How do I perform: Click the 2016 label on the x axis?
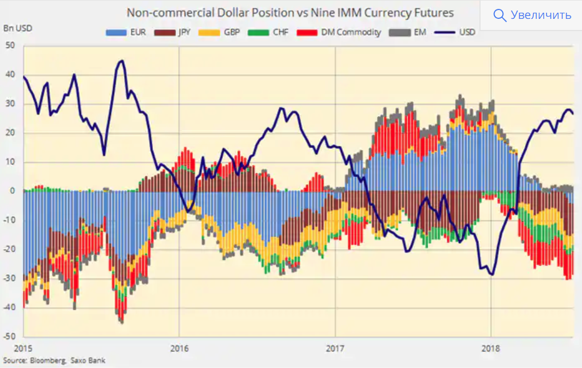pyautogui.click(x=178, y=349)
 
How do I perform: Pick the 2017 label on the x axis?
pyautogui.click(x=335, y=349)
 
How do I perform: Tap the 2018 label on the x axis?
pyautogui.click(x=491, y=349)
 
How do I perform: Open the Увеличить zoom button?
pyautogui.click(x=540, y=15)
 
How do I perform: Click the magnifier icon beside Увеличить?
pyautogui.click(x=499, y=16)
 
